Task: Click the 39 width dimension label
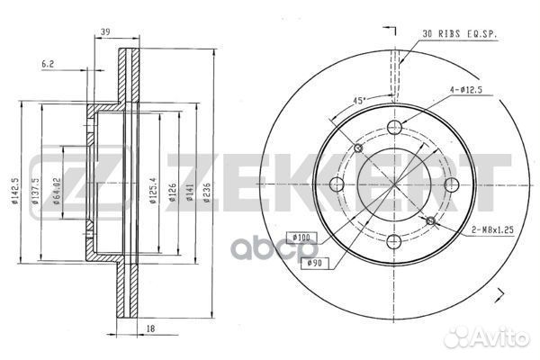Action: coord(105,31)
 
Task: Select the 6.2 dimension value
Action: coord(48,64)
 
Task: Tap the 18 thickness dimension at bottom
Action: coord(150,328)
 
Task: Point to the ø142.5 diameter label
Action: coord(14,191)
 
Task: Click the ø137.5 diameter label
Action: coord(35,191)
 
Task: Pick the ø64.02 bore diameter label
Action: coord(57,191)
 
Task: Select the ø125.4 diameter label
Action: coord(153,190)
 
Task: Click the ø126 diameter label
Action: coord(172,193)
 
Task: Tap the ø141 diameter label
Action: coord(190,193)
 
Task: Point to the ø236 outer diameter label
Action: coord(207,193)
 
